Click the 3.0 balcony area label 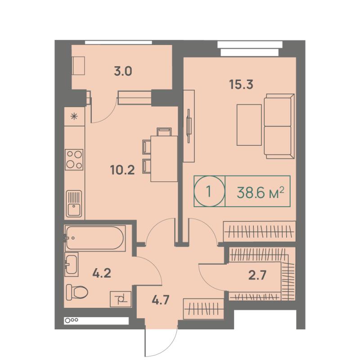click(x=123, y=71)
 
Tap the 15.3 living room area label click(x=241, y=84)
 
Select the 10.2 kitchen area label click(x=122, y=170)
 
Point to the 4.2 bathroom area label click(x=102, y=273)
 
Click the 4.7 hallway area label click(x=161, y=300)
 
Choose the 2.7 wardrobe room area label click(x=257, y=275)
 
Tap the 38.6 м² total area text click(x=261, y=193)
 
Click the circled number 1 click(x=209, y=191)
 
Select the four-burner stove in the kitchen click(x=74, y=160)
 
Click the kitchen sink click(x=74, y=204)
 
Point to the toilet click(x=77, y=292)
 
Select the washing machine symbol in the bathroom click(x=121, y=299)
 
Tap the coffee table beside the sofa click(x=249, y=125)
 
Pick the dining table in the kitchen click(x=164, y=159)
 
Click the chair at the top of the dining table click(x=164, y=132)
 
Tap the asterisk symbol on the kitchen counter click(x=74, y=117)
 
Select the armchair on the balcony click(x=78, y=65)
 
